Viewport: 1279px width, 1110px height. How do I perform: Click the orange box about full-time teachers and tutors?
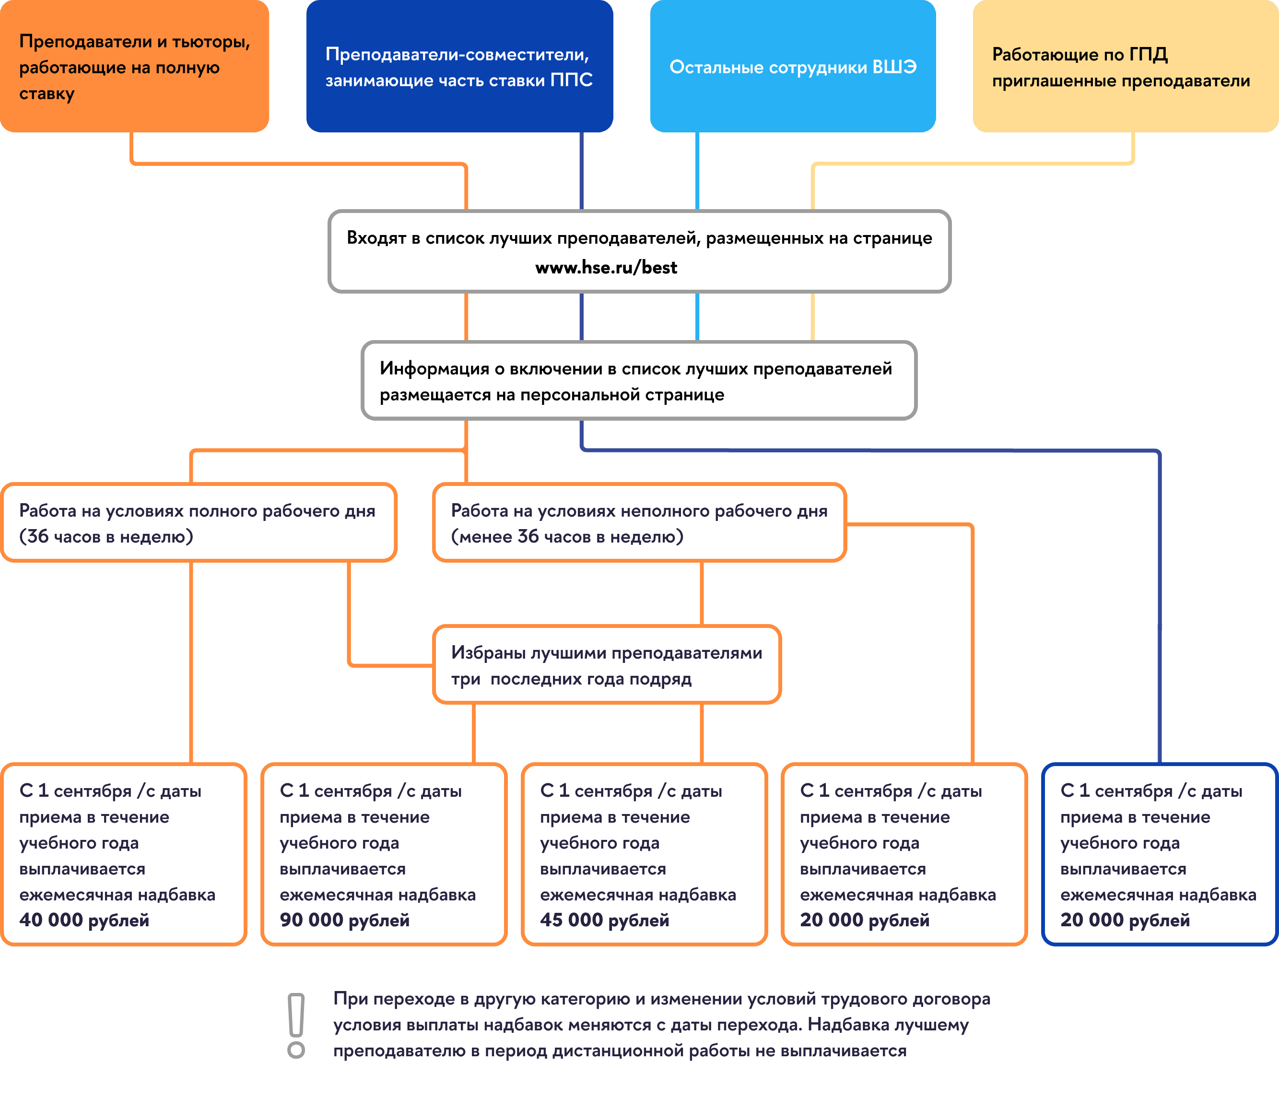134,66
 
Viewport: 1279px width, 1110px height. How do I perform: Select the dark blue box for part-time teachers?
459,66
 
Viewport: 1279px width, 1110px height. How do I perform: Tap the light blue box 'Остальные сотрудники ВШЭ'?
793,66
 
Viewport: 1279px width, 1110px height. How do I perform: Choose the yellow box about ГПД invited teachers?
1126,66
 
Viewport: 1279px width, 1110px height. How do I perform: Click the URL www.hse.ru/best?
606,268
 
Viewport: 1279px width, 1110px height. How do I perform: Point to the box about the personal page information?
639,381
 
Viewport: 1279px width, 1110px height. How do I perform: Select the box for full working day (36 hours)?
198,523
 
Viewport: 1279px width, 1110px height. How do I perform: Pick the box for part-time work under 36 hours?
639,523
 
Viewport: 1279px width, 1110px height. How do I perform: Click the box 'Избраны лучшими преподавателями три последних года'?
606,665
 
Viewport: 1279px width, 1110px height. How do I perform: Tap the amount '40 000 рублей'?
84,921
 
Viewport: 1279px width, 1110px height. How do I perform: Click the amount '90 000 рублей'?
344,921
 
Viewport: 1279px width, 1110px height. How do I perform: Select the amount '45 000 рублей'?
605,921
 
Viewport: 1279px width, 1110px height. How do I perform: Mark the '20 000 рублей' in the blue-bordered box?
1125,921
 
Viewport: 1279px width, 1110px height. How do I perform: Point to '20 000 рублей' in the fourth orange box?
865,921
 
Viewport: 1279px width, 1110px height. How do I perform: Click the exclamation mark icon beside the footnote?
296,1025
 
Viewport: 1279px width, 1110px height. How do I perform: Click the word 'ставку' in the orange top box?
47,94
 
